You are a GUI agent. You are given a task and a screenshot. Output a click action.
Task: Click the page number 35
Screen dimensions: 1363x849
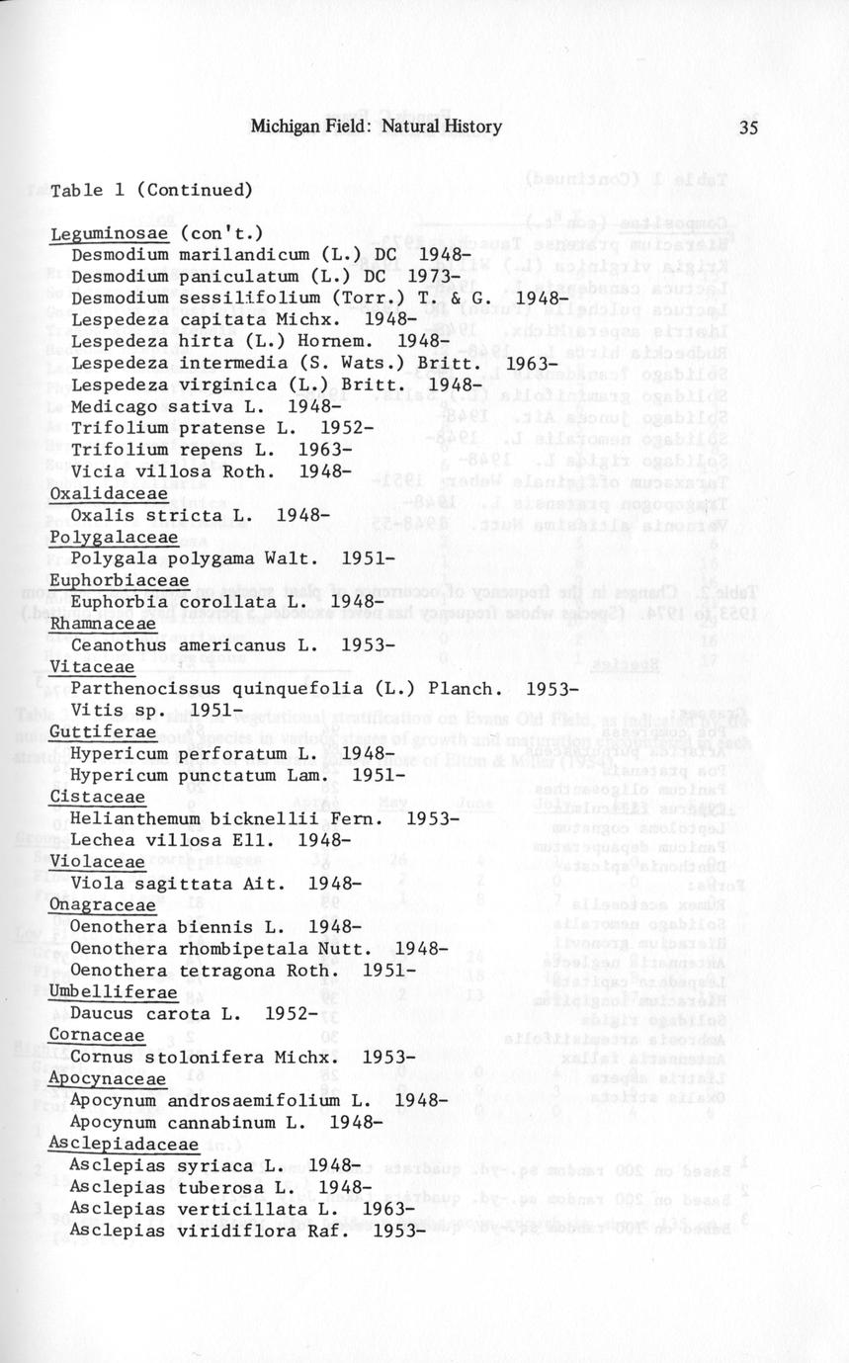tap(747, 127)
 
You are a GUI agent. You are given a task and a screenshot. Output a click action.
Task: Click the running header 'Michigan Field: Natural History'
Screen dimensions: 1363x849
tap(376, 127)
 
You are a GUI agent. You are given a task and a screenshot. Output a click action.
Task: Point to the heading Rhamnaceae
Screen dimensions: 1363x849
tap(99, 624)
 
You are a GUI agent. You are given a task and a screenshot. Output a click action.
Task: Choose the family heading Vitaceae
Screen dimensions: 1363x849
tap(83, 667)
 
